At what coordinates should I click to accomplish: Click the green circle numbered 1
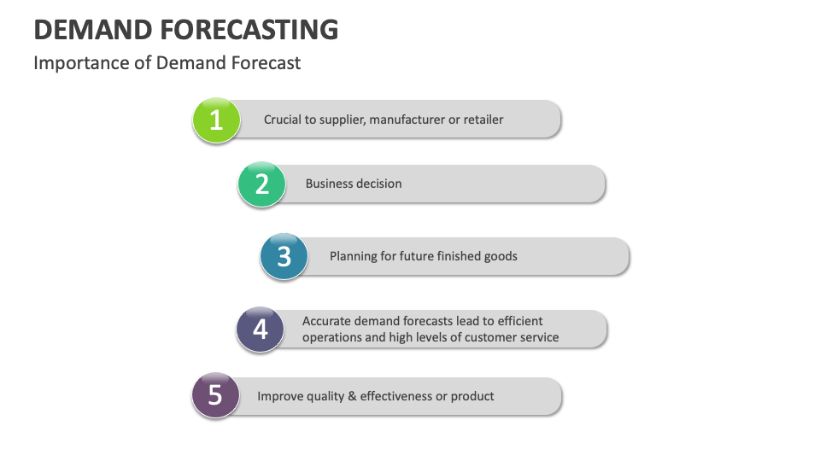(x=216, y=120)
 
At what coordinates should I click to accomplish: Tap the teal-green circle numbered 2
(x=261, y=184)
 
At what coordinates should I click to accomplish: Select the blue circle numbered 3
(x=284, y=256)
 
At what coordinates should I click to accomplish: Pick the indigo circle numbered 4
(x=260, y=329)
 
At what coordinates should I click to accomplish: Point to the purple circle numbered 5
(x=215, y=395)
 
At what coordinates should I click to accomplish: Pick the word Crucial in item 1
(x=284, y=120)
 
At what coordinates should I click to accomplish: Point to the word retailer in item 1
(x=483, y=120)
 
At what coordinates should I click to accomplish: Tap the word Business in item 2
(x=329, y=184)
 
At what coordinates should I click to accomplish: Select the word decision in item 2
(x=378, y=184)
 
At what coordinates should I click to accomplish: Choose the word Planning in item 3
(x=354, y=256)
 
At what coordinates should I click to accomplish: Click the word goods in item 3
(x=500, y=256)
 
